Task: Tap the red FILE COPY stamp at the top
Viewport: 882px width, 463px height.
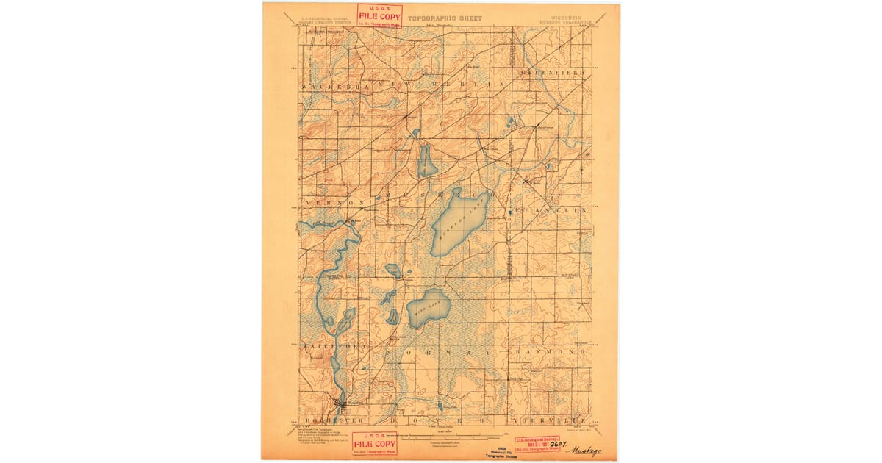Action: pos(379,15)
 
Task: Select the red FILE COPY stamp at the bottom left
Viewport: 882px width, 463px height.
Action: pos(375,443)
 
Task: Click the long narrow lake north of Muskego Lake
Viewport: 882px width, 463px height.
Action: pos(426,161)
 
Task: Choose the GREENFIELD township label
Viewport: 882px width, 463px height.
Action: pos(553,73)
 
